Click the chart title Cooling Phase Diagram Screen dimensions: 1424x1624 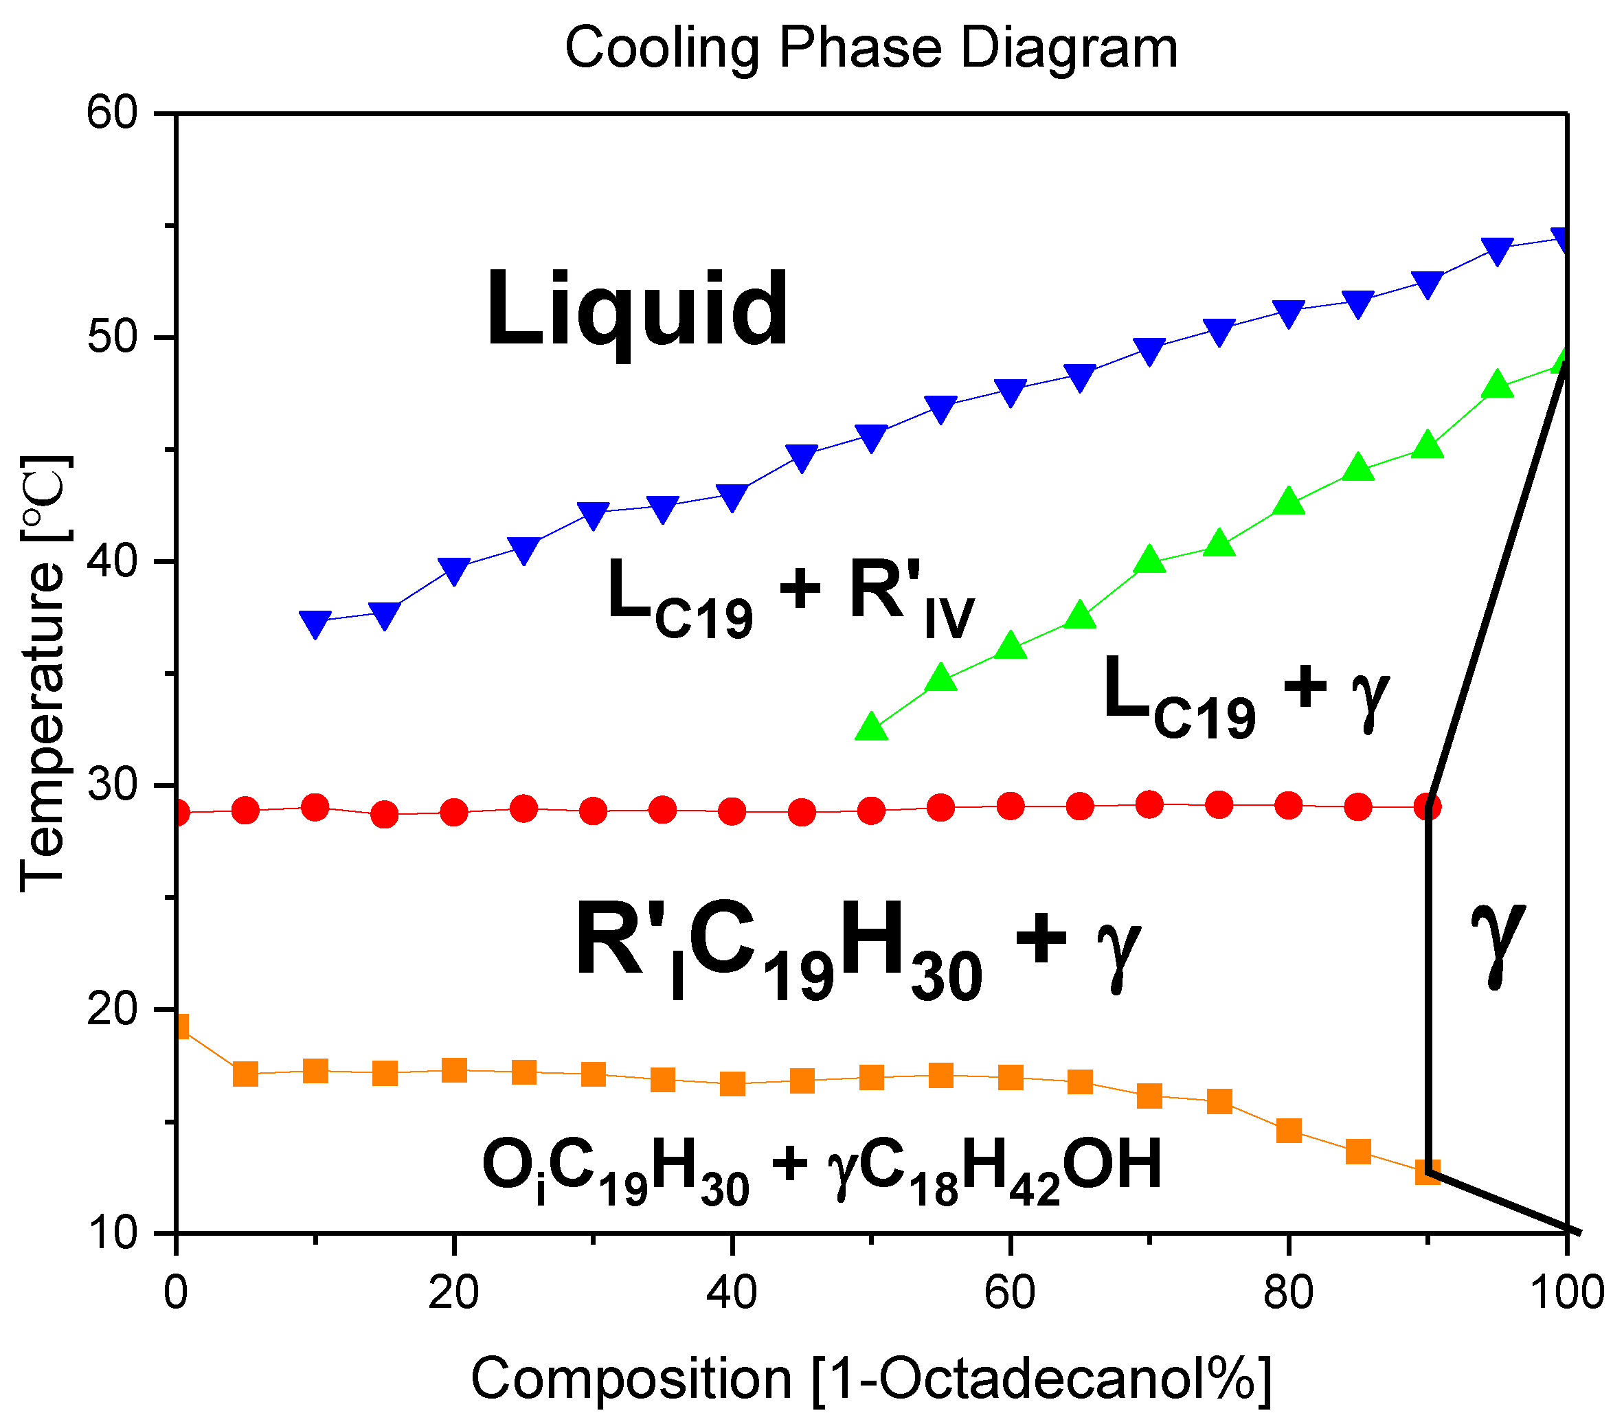(x=871, y=47)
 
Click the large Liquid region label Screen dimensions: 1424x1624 (x=636, y=310)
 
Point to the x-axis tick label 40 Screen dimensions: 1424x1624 (x=731, y=1291)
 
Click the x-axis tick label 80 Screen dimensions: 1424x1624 (x=1288, y=1291)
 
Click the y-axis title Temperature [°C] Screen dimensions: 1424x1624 (x=44, y=674)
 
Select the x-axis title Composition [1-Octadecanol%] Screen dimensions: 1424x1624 (x=871, y=1378)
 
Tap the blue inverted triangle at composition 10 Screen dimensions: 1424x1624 (x=315, y=624)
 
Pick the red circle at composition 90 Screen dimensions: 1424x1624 (x=1428, y=807)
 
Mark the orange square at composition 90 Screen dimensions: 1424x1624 (x=1428, y=1173)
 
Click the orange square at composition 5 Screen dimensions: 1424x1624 (x=245, y=1074)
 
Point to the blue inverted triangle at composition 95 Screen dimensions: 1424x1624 (x=1497, y=250)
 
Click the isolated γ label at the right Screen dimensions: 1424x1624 (x=1498, y=942)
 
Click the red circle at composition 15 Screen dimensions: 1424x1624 (x=385, y=815)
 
